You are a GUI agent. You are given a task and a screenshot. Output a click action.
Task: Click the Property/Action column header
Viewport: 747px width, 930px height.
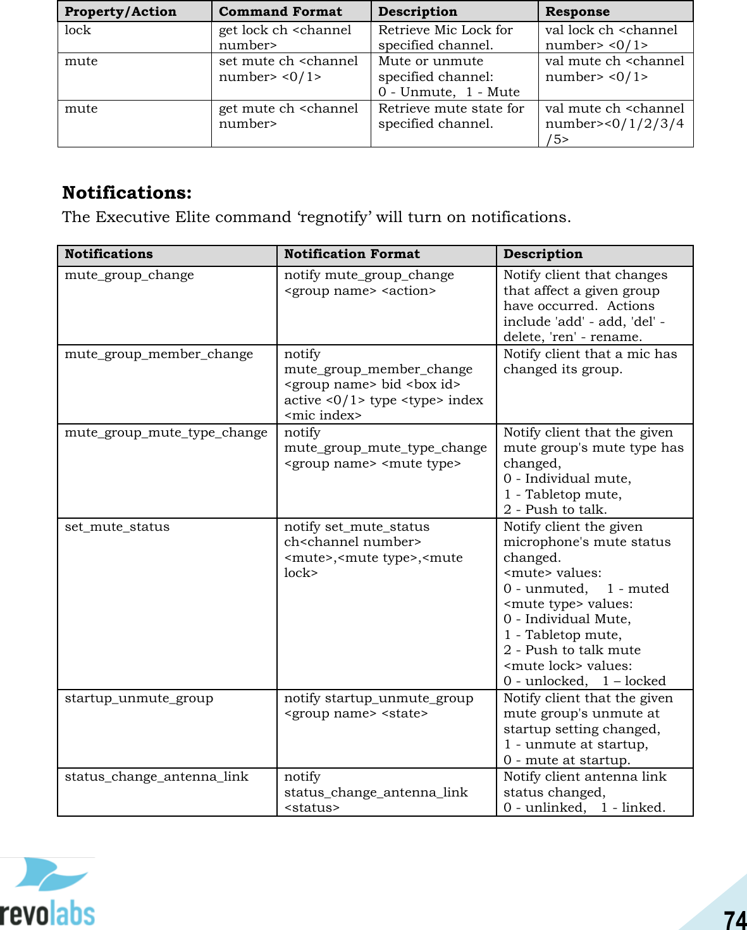(x=120, y=11)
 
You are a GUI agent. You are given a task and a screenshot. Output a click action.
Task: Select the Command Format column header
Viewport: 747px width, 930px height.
(x=280, y=11)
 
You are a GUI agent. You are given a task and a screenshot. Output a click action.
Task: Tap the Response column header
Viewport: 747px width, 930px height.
(x=577, y=11)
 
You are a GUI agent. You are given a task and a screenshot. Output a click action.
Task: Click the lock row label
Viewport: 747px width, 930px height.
(x=78, y=30)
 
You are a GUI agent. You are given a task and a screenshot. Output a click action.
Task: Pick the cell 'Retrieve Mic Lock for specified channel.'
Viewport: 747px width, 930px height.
(x=445, y=37)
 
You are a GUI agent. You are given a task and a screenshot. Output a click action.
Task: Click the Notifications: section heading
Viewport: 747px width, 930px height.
(x=127, y=192)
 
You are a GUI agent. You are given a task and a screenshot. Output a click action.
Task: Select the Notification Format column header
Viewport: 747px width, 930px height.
(x=352, y=254)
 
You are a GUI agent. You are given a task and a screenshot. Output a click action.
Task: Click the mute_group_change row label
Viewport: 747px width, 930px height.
(x=129, y=275)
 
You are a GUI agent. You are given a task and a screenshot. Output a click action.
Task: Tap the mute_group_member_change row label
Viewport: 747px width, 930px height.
(x=159, y=354)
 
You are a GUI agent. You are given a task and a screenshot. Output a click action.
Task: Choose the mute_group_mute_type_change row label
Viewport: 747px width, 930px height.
(x=166, y=433)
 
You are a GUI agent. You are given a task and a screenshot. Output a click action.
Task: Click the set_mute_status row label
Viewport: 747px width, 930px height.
(x=117, y=527)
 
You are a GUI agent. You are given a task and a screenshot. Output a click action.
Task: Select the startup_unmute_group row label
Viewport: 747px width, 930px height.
(x=139, y=698)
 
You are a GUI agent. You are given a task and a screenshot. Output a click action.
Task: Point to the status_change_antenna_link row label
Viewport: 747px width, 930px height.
(x=156, y=777)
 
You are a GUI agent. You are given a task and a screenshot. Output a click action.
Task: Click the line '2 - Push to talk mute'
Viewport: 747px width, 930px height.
(x=572, y=650)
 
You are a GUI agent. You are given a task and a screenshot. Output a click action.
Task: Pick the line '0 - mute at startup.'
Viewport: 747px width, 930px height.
(x=567, y=760)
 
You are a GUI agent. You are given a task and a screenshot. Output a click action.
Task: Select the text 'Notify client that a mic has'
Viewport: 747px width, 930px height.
(x=590, y=354)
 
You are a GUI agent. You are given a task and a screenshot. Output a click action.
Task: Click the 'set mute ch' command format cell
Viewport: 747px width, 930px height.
(x=288, y=69)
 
